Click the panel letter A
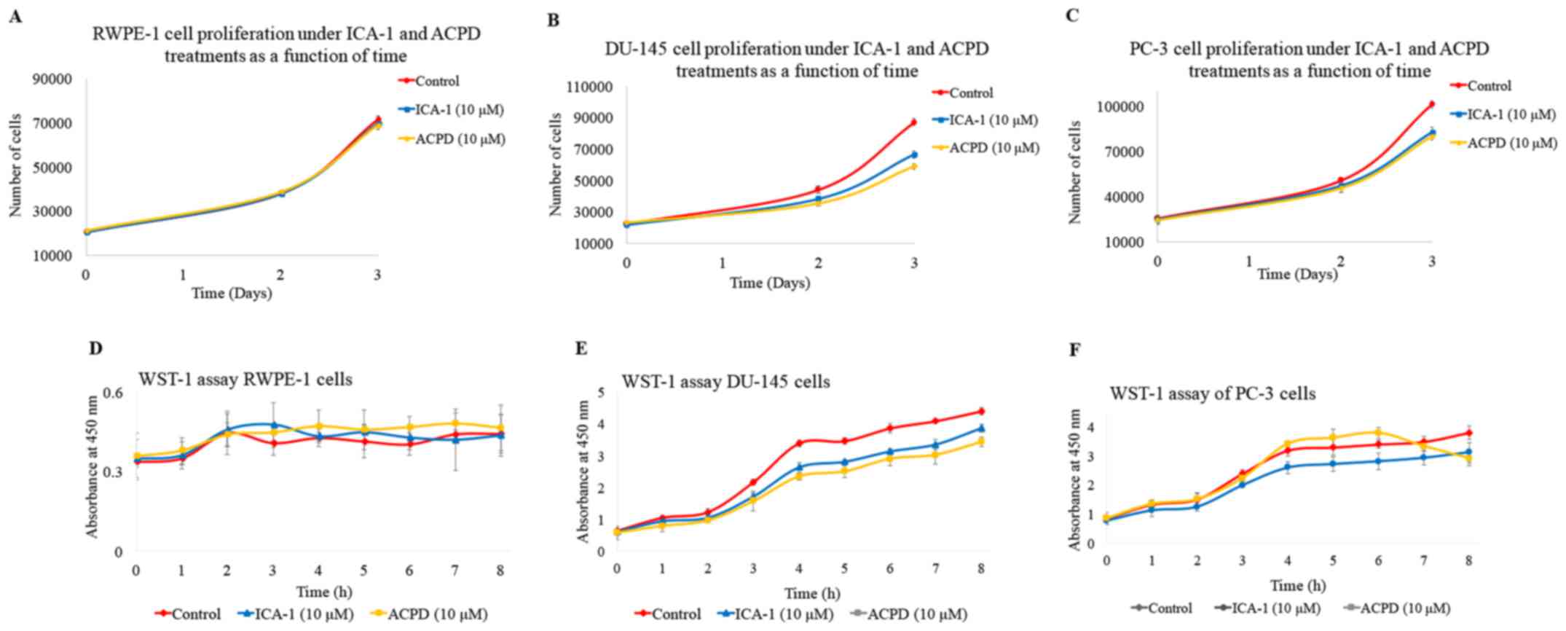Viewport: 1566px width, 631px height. point(14,16)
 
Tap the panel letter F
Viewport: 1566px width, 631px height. point(1074,350)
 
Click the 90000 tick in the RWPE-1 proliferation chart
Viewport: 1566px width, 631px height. point(52,79)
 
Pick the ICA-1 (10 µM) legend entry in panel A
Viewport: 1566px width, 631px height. point(451,110)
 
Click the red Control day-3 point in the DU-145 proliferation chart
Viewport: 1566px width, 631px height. point(913,122)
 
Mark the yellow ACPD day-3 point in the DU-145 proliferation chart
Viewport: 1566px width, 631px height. point(913,167)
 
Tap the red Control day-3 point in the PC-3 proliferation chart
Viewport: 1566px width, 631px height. point(1431,104)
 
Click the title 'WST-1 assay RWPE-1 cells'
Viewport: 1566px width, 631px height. point(245,380)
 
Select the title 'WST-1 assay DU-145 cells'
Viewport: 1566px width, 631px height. point(725,382)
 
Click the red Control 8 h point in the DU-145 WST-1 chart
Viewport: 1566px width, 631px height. point(981,412)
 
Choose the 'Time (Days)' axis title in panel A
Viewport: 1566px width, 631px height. point(232,294)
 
